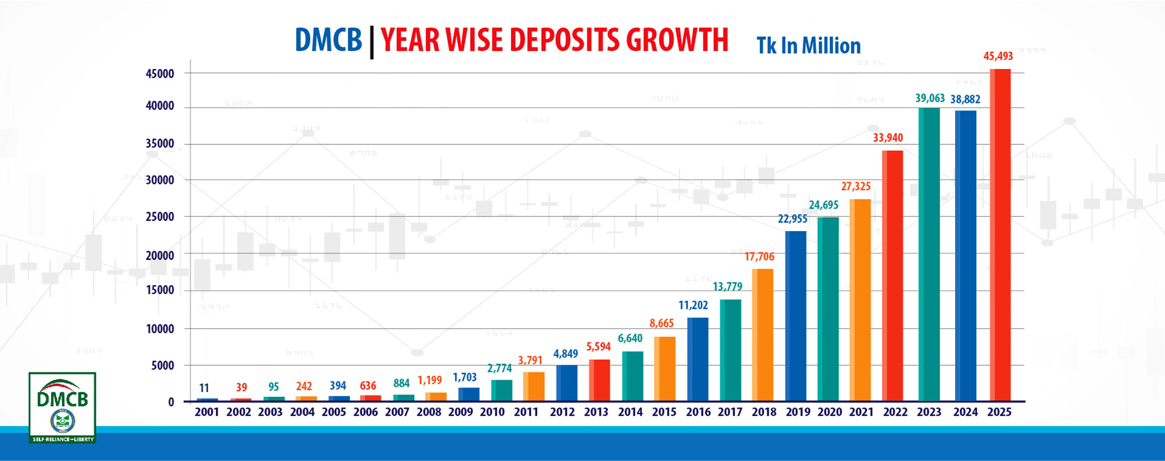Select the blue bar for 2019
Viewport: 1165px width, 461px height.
pos(795,316)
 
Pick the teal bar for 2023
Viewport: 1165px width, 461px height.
pos(929,255)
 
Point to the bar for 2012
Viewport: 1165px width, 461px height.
pos(566,383)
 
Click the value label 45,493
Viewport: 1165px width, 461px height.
pos(998,56)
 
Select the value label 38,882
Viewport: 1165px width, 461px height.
pos(965,99)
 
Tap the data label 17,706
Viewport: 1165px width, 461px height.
pos(759,257)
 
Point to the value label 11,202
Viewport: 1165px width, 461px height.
pos(693,306)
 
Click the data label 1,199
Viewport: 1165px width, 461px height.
pos(430,381)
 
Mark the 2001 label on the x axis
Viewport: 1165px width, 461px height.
pos(207,412)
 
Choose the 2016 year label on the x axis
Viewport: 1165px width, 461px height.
pos(698,412)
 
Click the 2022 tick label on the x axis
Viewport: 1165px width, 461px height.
pos(895,412)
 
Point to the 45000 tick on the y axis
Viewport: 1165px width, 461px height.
pos(160,74)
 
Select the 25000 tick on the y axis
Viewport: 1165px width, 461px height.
pos(160,217)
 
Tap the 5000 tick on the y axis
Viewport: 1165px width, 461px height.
pos(163,366)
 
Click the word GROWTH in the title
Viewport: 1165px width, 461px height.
pos(677,41)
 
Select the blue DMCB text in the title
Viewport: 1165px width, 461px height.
pos(328,41)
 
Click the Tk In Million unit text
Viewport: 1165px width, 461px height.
pos(808,46)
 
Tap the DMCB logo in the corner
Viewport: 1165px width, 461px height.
pos(62,407)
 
